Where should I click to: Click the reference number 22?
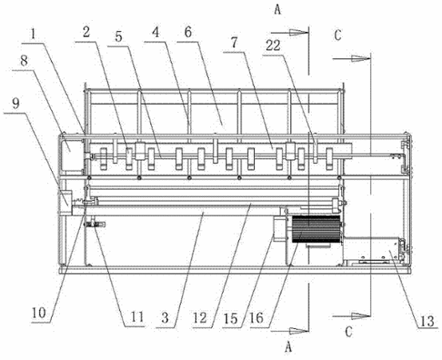pos(273,46)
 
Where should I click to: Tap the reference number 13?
pos(427,321)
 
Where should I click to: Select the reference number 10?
pos(38,313)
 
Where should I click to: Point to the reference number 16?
pos(257,318)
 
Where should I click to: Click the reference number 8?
pos(24,61)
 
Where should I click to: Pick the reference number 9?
pos(16,104)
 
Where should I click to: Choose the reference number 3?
pos(165,318)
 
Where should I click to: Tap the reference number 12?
pos(200,318)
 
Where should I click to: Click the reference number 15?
pos(230,318)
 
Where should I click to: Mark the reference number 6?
pos(189,33)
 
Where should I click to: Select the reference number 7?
pos(234,43)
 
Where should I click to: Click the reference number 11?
pos(137,317)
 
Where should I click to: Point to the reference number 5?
pos(118,37)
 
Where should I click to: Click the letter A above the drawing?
pos(277,10)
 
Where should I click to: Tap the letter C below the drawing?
pos(348,332)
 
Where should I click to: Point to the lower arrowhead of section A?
pos(299,330)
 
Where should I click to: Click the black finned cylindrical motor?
pos(316,229)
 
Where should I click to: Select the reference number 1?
pos(34,34)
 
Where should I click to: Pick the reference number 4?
pos(156,33)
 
